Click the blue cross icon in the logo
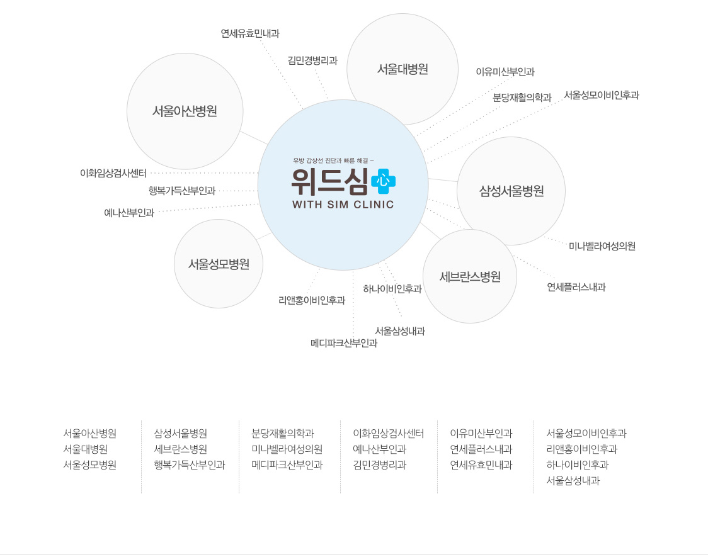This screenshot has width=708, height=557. (x=383, y=181)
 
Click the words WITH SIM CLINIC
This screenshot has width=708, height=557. (x=343, y=205)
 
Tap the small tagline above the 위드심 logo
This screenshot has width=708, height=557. (x=333, y=160)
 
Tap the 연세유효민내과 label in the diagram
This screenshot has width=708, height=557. (x=250, y=33)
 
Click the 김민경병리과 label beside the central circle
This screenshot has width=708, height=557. (x=312, y=60)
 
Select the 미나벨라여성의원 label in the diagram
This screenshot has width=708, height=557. (x=602, y=246)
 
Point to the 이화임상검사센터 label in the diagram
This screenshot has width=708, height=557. (x=113, y=173)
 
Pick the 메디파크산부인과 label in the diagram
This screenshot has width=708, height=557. (x=344, y=343)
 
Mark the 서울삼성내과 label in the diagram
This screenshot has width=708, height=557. (x=400, y=331)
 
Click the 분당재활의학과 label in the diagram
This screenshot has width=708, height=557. (x=522, y=98)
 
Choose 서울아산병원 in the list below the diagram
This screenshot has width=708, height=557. (x=90, y=434)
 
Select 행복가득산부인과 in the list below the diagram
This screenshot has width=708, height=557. (x=189, y=465)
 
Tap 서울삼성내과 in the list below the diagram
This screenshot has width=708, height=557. (x=573, y=481)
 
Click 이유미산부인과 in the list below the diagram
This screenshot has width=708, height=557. (x=481, y=434)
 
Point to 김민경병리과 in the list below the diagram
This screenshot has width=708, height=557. (x=380, y=465)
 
